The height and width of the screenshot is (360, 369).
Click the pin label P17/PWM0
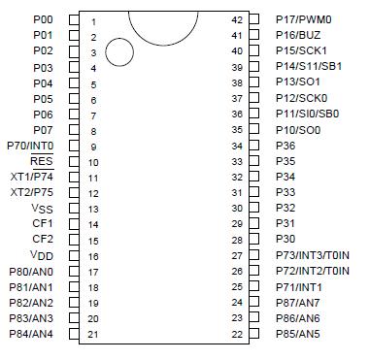(303, 18)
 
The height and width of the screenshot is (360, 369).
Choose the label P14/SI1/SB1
(309, 66)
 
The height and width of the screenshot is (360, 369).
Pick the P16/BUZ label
(299, 34)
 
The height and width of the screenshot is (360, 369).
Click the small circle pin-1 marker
(118, 52)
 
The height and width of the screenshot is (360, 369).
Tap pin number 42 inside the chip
(236, 19)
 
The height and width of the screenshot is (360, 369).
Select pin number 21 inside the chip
(93, 334)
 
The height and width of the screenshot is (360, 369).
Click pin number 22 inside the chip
(236, 334)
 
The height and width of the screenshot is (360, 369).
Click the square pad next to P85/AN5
(254, 334)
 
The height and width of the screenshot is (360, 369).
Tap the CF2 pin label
(43, 239)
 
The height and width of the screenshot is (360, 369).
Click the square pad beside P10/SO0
(254, 129)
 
